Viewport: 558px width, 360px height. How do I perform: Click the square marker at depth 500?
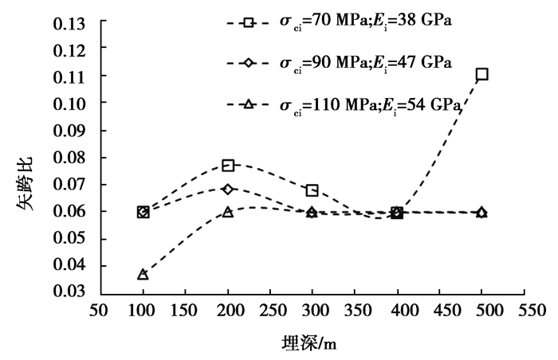pyautogui.click(x=481, y=74)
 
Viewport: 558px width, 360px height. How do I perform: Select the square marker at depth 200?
pyautogui.click(x=228, y=165)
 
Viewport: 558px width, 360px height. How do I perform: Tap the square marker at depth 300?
pyautogui.click(x=312, y=190)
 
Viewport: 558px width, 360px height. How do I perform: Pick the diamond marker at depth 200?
pyautogui.click(x=228, y=189)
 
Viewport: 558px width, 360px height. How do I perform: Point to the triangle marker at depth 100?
pyautogui.click(x=143, y=274)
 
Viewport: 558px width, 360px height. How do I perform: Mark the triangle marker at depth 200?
pyautogui.click(x=228, y=212)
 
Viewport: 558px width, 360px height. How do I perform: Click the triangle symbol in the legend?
pyautogui.click(x=249, y=104)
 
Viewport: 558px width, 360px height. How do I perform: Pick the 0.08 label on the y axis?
pyautogui.click(x=69, y=157)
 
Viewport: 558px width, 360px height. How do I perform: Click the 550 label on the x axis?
pyautogui.click(x=525, y=308)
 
